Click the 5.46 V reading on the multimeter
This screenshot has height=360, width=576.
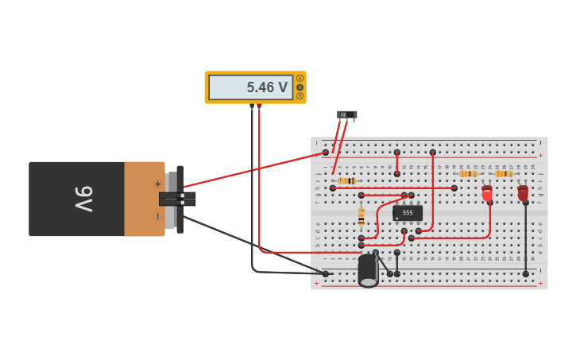(266, 87)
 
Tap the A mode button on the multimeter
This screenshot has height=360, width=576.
(300, 78)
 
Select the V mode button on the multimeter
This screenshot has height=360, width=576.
(300, 87)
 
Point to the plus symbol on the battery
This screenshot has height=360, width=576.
(157, 184)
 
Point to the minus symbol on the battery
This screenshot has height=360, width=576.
(157, 215)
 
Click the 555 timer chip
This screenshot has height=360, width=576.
(408, 213)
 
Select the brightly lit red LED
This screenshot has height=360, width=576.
(487, 193)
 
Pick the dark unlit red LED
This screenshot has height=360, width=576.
(523, 192)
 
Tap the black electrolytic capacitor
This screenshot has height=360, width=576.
(368, 270)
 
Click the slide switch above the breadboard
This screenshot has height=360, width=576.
(346, 115)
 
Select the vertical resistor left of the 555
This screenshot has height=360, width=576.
(361, 215)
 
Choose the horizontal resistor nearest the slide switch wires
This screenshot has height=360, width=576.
(346, 181)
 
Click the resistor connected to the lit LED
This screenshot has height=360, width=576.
(469, 173)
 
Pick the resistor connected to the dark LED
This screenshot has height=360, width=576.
(504, 173)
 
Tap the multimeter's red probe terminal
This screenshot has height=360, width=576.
(259, 106)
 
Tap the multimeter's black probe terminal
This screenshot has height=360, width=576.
(252, 106)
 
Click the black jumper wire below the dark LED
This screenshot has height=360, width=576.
(525, 238)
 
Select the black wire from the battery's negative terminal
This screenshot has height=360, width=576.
(238, 238)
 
